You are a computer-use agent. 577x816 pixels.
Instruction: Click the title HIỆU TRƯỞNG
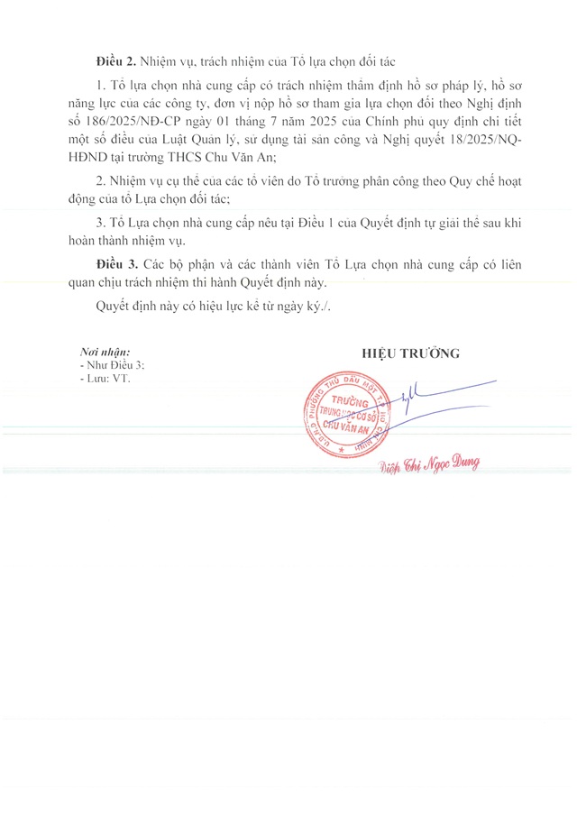coord(410,353)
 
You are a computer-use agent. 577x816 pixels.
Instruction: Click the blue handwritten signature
coord(433,397)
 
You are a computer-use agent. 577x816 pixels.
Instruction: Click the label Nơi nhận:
coord(105,352)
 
